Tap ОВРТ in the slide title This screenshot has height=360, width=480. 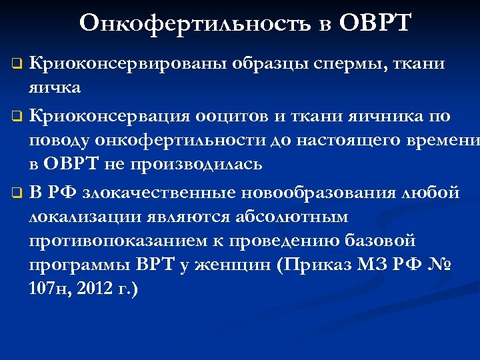tap(375, 23)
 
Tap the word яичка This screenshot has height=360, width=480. tap(55, 87)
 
